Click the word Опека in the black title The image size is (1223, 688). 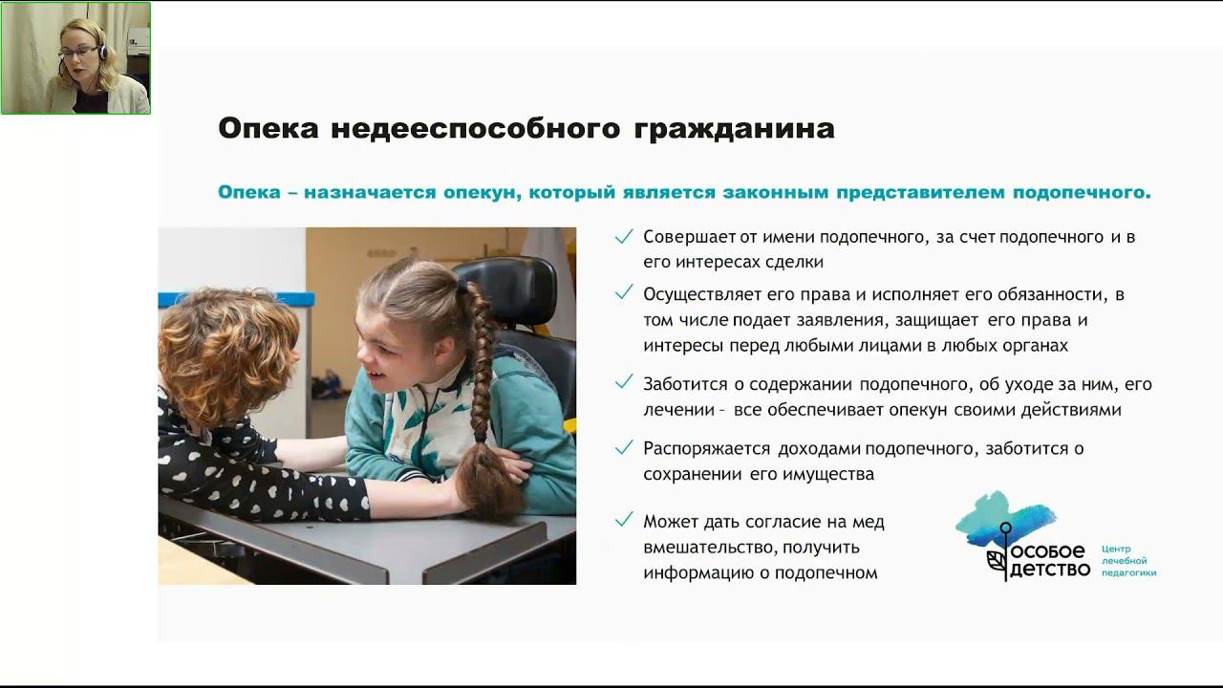tap(268, 129)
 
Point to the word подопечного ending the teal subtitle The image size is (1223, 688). tap(1082, 193)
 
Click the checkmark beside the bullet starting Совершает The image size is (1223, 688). tap(624, 236)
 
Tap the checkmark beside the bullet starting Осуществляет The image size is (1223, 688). tap(624, 292)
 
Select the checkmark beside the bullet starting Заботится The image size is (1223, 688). tap(624, 381)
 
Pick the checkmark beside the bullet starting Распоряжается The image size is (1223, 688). tap(624, 447)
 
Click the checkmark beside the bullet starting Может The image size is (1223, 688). tap(624, 519)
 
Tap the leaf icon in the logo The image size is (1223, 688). tap(996, 562)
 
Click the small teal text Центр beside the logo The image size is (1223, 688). tap(1116, 548)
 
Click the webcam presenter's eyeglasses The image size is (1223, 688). tap(78, 53)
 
